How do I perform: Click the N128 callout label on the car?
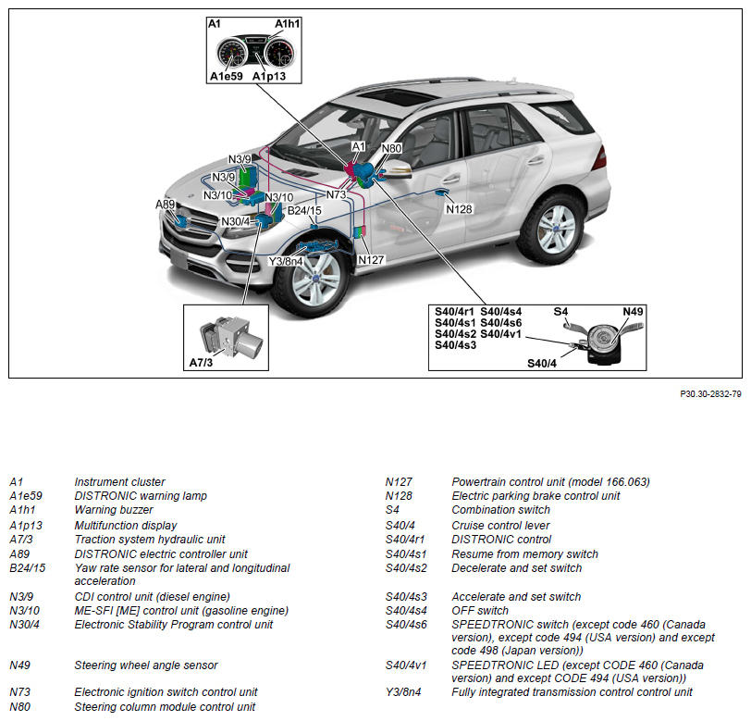coord(459,209)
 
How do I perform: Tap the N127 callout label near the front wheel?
coord(371,260)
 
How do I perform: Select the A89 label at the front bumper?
coord(165,205)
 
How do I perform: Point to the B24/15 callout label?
coord(304,211)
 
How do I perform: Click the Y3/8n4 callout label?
coord(287,262)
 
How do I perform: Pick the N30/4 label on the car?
coord(235,222)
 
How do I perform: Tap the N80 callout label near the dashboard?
coord(391,148)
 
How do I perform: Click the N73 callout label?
coord(336,195)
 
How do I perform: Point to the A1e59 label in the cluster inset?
coord(226,77)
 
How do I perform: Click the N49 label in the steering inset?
coord(633,311)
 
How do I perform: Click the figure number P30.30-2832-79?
coord(710,394)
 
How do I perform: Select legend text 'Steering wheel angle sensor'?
coord(146,665)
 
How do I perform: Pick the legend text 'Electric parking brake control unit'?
coord(536,496)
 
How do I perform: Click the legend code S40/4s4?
coord(405,611)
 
